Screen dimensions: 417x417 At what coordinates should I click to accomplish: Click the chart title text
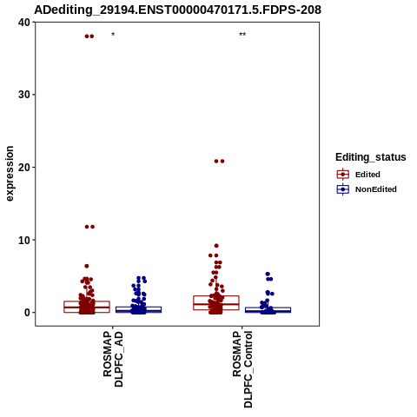click(177, 10)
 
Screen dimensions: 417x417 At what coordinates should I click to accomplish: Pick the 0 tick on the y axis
click(27, 313)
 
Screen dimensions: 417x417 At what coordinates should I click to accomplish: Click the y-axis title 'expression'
click(10, 174)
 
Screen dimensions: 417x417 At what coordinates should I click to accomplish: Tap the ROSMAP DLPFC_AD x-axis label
click(113, 360)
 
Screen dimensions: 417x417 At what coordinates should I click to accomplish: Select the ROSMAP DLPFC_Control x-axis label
click(242, 369)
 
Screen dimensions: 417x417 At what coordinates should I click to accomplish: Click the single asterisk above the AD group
click(113, 35)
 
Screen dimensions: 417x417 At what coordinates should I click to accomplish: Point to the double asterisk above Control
click(242, 35)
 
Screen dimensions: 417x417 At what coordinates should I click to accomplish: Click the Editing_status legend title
click(371, 157)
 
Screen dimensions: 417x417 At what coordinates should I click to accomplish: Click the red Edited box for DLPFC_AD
click(87, 307)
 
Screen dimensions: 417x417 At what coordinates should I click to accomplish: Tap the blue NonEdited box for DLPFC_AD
click(138, 310)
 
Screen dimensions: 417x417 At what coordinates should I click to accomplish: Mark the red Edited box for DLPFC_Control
click(216, 303)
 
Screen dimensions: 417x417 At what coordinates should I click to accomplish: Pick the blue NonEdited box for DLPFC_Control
click(268, 310)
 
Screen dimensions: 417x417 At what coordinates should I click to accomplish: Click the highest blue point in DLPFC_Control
click(268, 274)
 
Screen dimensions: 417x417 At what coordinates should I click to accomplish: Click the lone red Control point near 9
click(216, 246)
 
